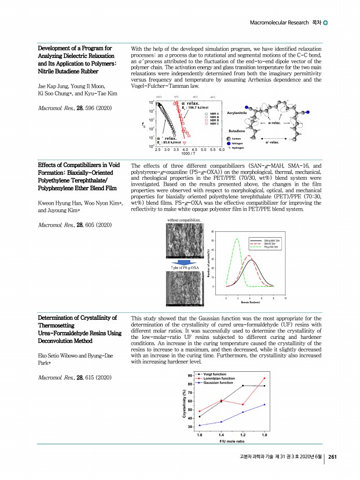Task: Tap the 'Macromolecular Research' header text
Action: [278, 22]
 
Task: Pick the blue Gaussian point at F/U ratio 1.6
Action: [200, 426]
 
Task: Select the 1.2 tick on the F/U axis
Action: [243, 434]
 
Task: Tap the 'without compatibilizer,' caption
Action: [183, 220]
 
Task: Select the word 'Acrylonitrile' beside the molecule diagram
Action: [238, 113]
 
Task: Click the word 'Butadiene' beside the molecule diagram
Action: [238, 131]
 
